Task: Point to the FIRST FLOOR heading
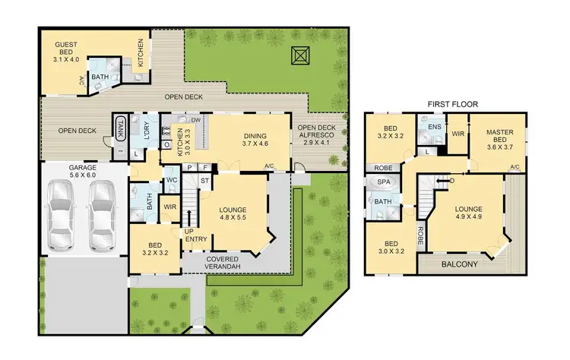pos(452,104)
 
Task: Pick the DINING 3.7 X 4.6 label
pos(255,138)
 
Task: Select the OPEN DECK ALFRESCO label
pos(317,134)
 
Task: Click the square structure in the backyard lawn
pos(300,55)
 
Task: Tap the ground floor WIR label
pos(169,207)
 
